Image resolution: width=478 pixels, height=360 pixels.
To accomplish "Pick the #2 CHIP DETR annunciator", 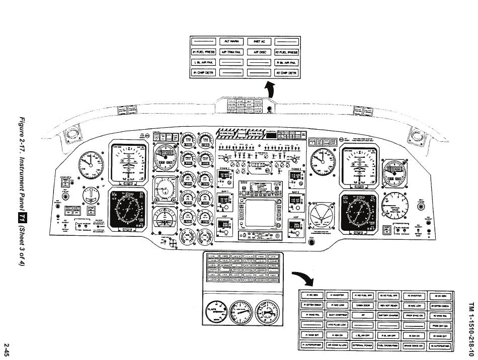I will [287, 73].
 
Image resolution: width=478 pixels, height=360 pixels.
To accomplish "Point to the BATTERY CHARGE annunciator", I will [388, 315].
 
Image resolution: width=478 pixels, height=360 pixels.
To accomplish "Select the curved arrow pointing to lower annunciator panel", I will [305, 279].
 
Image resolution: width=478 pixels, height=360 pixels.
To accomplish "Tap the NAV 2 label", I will [295, 192].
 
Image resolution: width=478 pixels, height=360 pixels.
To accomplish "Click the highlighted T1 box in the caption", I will [22, 215].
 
